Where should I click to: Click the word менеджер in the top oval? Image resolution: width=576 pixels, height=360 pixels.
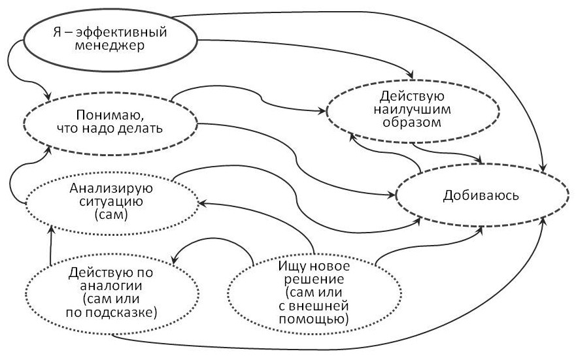109,46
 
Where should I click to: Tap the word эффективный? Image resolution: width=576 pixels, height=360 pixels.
122,32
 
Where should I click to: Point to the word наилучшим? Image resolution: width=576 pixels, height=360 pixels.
412,109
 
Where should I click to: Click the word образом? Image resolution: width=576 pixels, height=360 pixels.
412,122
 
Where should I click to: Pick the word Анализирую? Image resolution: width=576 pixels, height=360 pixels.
111,188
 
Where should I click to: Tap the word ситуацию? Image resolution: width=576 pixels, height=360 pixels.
111,201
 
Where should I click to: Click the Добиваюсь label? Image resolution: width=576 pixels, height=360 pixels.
481,195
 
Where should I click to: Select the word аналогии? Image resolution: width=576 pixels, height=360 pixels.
111,286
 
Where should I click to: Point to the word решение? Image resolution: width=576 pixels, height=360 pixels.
314,280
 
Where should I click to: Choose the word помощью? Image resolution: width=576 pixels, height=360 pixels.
313,319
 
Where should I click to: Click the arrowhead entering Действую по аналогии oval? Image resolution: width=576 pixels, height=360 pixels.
175,259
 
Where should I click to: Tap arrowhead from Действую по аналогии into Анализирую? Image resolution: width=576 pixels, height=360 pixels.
52,230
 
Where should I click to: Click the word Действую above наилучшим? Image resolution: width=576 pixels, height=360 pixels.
412,96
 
